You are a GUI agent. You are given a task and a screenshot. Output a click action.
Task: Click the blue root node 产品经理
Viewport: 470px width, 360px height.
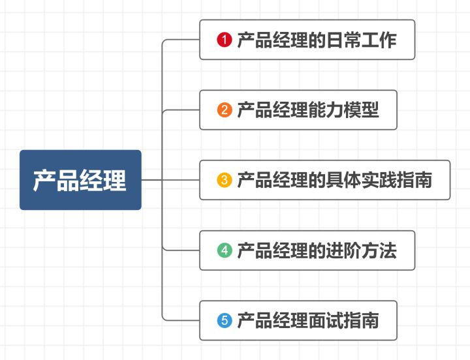coord(80,180)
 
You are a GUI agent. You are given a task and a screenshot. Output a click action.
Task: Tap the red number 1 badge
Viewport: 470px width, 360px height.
coord(225,40)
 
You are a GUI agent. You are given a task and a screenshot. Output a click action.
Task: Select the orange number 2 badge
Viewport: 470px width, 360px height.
coord(225,110)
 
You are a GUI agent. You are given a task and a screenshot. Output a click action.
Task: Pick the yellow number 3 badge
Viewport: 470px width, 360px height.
coord(225,180)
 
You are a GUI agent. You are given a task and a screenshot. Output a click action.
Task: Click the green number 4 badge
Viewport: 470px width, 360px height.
coord(225,250)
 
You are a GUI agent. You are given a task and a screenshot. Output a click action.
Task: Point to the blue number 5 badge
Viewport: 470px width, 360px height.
coord(225,320)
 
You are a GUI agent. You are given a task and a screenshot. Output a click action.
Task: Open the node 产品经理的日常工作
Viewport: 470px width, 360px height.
coord(307,40)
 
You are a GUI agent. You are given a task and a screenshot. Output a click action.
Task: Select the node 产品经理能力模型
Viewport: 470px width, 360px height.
coord(298,110)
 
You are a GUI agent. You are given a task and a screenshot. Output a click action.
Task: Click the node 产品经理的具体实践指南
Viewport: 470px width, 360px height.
coord(324,180)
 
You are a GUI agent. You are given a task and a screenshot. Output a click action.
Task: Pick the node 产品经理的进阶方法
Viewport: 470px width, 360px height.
coord(307,250)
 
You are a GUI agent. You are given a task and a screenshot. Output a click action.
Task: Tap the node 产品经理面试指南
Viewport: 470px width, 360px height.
coord(298,320)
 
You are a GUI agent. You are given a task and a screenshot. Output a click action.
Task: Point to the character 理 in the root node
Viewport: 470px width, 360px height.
coord(115,180)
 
